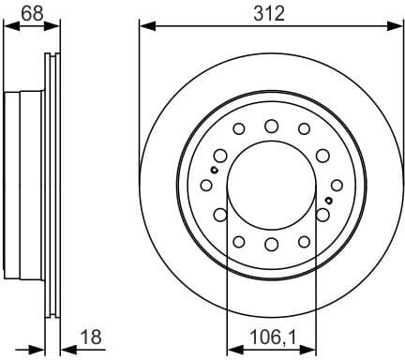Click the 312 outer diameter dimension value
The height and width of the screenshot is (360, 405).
click(x=271, y=12)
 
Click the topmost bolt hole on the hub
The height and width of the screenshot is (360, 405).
click(x=271, y=125)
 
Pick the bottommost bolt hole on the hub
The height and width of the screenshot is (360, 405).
click(x=271, y=245)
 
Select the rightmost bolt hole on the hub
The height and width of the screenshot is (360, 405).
click(x=323, y=215)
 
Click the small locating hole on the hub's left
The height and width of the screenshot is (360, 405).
click(x=215, y=171)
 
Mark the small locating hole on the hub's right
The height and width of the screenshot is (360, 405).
click(x=328, y=201)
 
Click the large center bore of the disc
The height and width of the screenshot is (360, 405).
click(x=271, y=185)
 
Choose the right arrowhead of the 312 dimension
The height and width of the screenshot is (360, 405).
click(x=397, y=24)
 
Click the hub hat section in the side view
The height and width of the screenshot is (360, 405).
click(x=24, y=184)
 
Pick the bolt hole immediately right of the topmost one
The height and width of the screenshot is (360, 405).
click(x=303, y=129)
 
